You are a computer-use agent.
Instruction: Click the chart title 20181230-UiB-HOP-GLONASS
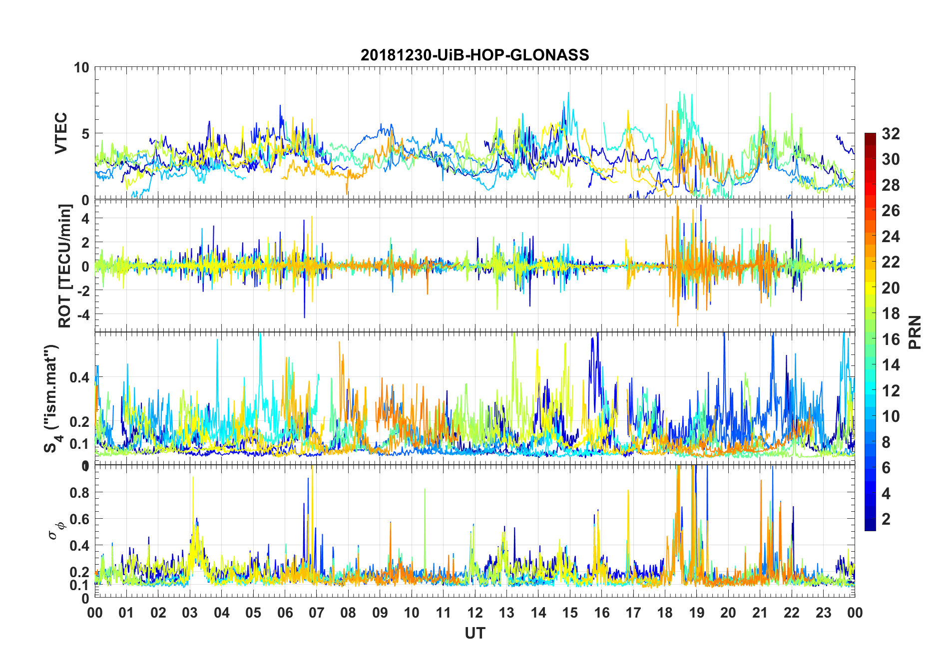(x=475, y=55)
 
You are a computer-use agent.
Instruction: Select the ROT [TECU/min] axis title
(x=65, y=266)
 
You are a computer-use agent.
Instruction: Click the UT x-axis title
(x=475, y=633)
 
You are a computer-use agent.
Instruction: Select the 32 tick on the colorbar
(x=891, y=134)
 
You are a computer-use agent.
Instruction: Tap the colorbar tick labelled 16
(x=891, y=339)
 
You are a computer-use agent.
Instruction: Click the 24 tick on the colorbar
(x=891, y=237)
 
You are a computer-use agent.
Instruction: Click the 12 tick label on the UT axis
(x=475, y=613)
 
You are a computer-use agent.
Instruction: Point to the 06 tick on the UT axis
(x=285, y=613)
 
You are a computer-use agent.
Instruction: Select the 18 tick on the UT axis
(x=665, y=613)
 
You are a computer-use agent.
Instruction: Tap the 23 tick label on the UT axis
(x=823, y=613)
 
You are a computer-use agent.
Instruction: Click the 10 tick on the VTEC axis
(x=82, y=67)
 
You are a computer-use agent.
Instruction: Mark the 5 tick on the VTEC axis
(x=85, y=133)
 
